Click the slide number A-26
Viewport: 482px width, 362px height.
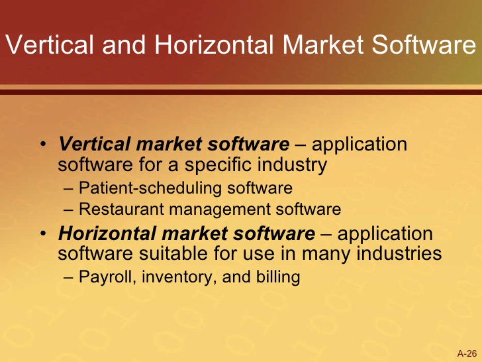pos(467,352)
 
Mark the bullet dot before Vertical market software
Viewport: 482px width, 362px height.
pos(44,145)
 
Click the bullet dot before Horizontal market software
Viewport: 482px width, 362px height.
pos(44,234)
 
